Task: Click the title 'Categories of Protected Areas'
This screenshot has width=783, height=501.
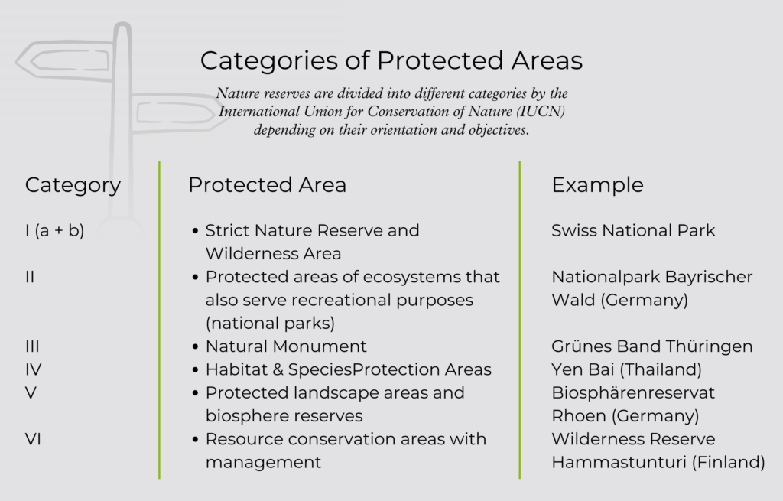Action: click(391, 61)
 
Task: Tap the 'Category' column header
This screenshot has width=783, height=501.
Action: click(73, 186)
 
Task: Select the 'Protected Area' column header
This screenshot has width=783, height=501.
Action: click(267, 185)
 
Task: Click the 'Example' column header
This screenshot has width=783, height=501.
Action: click(597, 186)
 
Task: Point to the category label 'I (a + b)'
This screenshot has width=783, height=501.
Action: click(54, 231)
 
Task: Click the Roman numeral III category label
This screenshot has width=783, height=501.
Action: click(32, 346)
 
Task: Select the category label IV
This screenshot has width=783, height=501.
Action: click(34, 369)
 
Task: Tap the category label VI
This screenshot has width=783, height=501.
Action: click(33, 439)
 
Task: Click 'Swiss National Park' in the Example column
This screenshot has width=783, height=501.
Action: click(633, 230)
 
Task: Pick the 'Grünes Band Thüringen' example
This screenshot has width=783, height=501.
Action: click(651, 346)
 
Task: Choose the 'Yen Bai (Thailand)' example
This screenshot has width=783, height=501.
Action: click(627, 369)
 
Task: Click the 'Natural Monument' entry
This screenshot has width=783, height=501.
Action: click(286, 346)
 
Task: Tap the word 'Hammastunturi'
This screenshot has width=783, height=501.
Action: click(619, 462)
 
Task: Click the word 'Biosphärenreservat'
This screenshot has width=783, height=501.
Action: click(633, 393)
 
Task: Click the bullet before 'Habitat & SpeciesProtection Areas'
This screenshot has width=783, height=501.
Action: click(195, 370)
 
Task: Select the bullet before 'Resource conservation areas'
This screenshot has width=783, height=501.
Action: click(195, 440)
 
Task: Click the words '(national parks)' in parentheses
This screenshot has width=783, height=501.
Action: click(270, 324)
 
